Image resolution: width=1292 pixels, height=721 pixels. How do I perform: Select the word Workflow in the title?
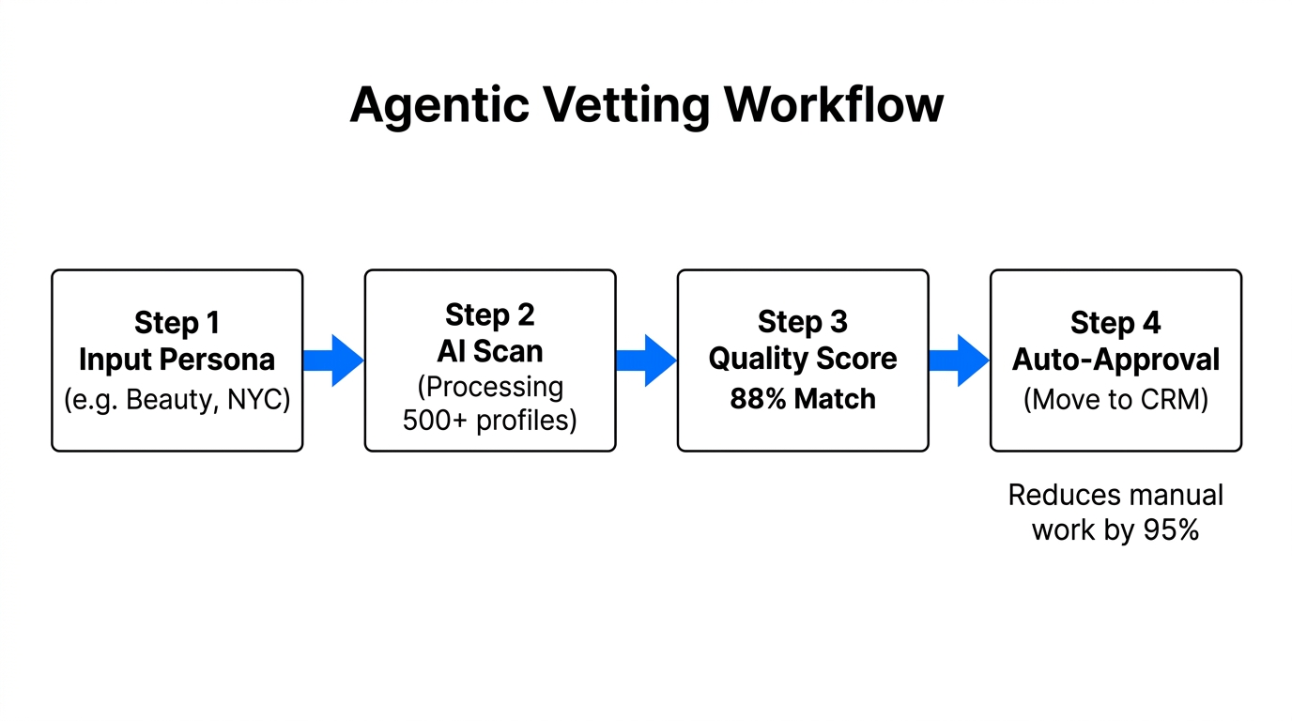tap(834, 105)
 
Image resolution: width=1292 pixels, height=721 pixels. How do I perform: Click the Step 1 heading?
tap(177, 323)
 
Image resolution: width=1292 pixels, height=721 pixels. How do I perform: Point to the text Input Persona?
tap(177, 360)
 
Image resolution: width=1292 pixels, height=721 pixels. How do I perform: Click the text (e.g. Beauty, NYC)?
tap(177, 399)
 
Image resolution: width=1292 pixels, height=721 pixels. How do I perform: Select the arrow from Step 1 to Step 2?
tap(333, 360)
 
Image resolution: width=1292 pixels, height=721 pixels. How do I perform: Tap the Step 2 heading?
tap(489, 314)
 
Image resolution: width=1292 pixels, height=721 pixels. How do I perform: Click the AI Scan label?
tap(489, 351)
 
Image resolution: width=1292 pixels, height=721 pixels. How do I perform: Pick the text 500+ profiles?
tap(489, 420)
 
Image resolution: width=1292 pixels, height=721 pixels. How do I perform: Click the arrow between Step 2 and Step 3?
tap(646, 360)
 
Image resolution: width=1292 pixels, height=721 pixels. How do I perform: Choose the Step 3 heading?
tap(802, 322)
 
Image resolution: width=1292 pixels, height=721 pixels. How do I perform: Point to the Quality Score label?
tap(802, 359)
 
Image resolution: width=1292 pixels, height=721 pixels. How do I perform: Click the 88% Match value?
tap(802, 399)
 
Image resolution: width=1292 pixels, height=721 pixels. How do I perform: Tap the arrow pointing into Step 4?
tap(959, 360)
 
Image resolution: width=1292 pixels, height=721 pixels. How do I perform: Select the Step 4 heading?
tap(1115, 323)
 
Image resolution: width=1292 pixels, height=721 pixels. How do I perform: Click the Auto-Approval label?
tap(1115, 360)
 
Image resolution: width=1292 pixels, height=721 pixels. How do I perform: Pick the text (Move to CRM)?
tap(1115, 399)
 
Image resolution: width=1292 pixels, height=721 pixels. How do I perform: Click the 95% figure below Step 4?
tap(1171, 529)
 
